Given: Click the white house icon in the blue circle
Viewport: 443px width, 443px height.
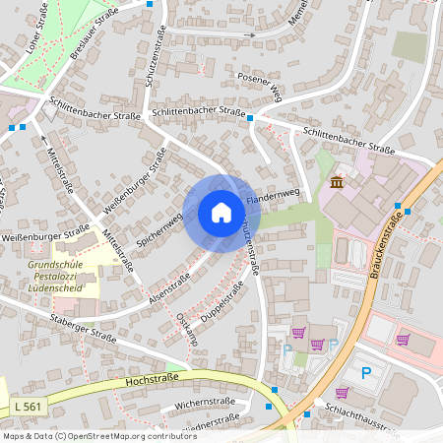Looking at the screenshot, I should tap(221, 212).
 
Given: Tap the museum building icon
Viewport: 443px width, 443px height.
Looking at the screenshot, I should tap(338, 183).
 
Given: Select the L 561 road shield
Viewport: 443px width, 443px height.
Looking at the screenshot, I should tap(30, 406).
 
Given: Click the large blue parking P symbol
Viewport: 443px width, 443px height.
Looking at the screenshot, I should tap(367, 373).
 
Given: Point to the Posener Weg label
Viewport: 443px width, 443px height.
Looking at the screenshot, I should tap(261, 86).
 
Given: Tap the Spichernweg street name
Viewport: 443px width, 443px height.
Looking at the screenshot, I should tap(161, 227).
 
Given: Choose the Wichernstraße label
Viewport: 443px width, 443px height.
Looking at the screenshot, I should tap(201, 404).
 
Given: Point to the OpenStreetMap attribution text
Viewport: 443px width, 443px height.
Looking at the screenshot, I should tap(86, 435).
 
